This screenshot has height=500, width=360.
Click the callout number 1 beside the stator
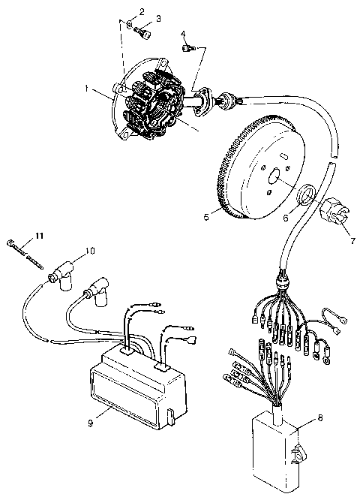click(x=88, y=89)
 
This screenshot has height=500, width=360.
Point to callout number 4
click(x=183, y=33)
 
